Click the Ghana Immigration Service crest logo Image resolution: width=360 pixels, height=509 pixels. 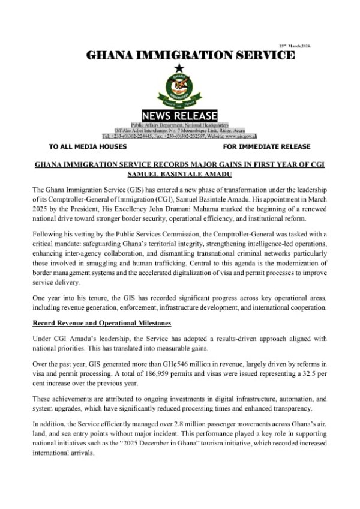click(x=179, y=89)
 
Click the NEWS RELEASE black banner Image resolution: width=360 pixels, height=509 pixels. click(x=179, y=115)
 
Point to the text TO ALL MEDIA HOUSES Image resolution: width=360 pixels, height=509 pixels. click(x=88, y=146)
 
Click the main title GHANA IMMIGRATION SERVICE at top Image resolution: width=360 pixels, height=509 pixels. click(x=191, y=56)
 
